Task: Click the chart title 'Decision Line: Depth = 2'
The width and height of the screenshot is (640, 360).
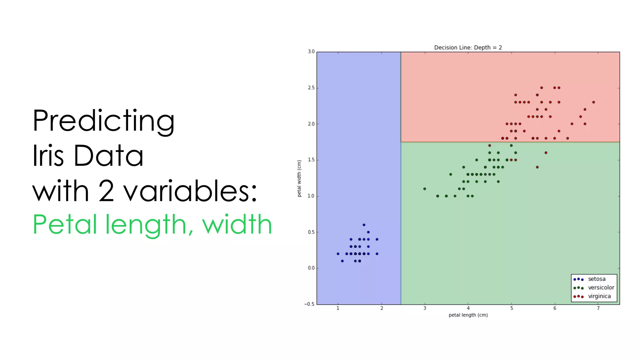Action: click(468, 47)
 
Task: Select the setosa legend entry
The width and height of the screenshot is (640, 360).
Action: click(597, 279)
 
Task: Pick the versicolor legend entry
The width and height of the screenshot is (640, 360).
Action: click(601, 287)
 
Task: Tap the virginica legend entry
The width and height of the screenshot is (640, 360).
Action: click(599, 296)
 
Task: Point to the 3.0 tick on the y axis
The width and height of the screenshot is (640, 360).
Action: click(311, 52)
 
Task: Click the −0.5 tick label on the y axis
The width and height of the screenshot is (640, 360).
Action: click(309, 304)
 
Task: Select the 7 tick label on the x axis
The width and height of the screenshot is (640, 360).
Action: click(598, 308)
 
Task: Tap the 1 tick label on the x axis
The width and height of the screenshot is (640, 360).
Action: click(338, 308)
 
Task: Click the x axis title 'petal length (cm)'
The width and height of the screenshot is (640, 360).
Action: click(468, 315)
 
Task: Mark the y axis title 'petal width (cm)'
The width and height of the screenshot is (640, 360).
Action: click(299, 178)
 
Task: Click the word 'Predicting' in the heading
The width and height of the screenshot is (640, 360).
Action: click(103, 121)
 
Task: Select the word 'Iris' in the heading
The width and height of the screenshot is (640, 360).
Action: click(48, 155)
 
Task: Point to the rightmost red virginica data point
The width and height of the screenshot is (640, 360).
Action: click(593, 102)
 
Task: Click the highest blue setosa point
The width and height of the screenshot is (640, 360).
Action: click(364, 225)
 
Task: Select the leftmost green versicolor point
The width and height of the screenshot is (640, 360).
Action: click(424, 189)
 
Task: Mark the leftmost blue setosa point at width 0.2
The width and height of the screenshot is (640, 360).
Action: click(338, 254)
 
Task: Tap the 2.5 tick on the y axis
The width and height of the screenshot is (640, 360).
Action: click(311, 88)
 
